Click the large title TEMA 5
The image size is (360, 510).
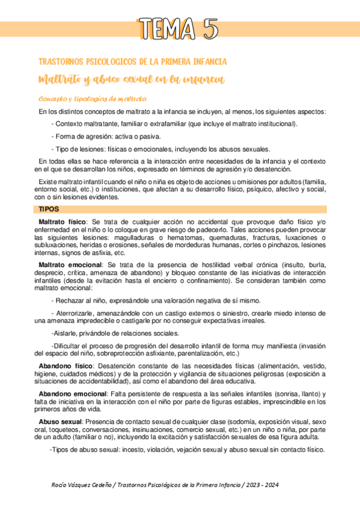pos(180,28)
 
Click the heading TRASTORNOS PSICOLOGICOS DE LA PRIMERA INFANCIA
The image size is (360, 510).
pos(132,62)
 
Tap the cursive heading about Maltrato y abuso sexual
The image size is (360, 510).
pos(131,79)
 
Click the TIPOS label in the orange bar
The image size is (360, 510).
pos(48,209)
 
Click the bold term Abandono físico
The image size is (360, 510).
pos(66,366)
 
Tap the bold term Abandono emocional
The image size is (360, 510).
pos(72,393)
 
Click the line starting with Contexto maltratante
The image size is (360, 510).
pos(174,124)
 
